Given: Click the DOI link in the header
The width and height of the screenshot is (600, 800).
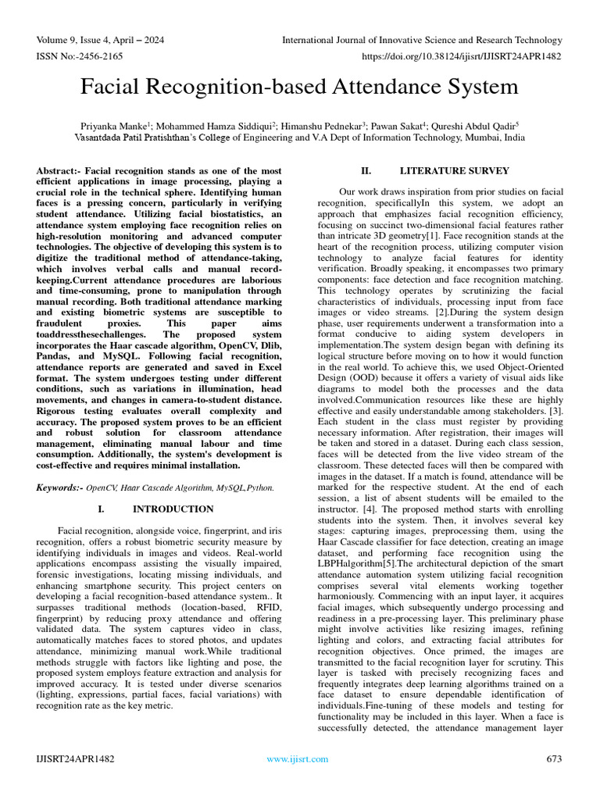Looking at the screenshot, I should pos(462,56).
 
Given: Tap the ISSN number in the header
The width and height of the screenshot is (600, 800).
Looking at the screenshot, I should pos(77,56).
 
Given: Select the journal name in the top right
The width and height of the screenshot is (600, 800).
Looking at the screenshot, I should pos(422,40).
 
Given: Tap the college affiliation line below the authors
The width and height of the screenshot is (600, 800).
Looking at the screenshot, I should pos(300,137).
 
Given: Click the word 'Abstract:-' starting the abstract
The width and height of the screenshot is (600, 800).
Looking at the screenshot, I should pos(59,170).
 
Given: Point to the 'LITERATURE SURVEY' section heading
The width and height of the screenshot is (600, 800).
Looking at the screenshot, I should pos(454,170).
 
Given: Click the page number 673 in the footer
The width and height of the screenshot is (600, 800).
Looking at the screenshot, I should pos(553,759).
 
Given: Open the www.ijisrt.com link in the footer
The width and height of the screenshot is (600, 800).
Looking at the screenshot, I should pos(298,759).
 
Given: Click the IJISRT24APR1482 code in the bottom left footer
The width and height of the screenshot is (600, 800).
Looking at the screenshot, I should pos(76,759).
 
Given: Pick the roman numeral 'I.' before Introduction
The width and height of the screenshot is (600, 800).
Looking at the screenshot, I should pos(102,509).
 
